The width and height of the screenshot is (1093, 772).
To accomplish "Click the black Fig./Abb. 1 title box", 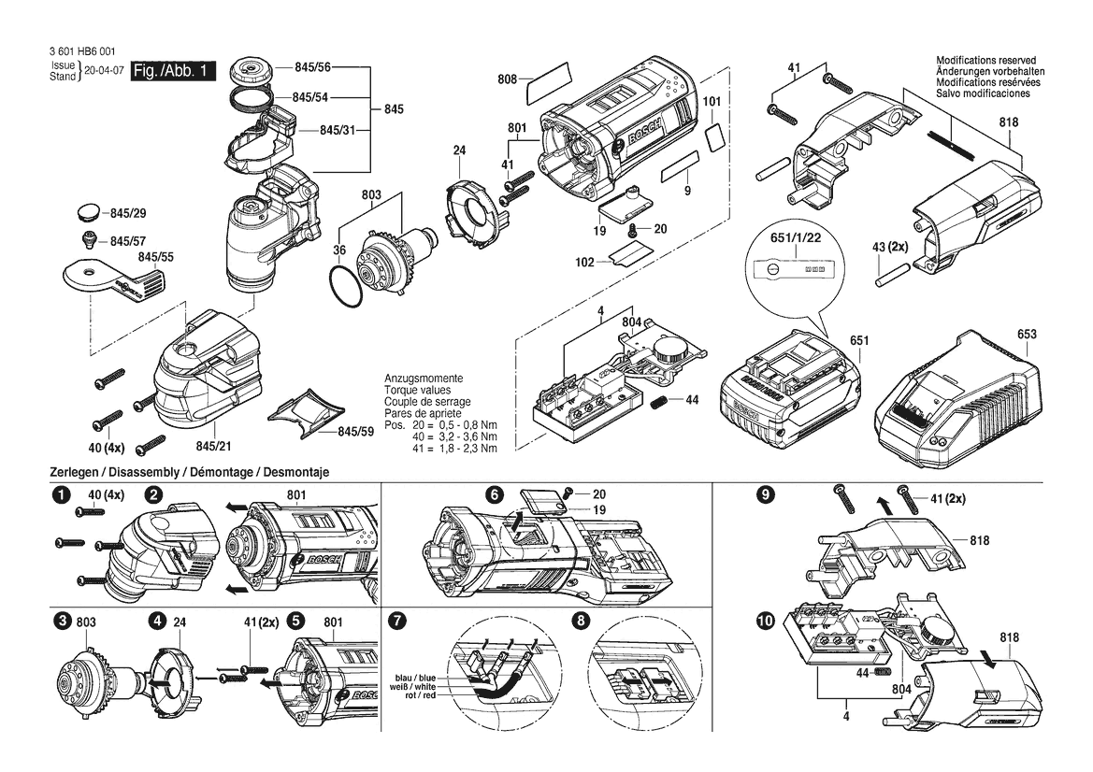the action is [173, 71].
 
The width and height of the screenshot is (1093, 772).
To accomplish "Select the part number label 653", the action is [1026, 335].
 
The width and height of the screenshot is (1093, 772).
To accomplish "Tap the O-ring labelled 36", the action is [347, 286].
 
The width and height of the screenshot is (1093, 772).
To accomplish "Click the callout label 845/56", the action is [312, 67].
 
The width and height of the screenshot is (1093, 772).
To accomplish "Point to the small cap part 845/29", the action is [90, 211].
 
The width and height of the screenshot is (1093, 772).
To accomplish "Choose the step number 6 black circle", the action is [494, 494].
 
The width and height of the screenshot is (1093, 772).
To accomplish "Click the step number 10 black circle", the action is [766, 621].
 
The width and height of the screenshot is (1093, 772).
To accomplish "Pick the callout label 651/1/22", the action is [796, 237].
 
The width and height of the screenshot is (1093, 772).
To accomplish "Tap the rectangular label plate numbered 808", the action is [548, 79].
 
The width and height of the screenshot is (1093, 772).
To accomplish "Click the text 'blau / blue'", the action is [415, 678].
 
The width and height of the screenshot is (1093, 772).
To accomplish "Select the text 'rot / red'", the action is [420, 695].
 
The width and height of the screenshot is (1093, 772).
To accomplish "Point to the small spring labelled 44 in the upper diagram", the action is [659, 402].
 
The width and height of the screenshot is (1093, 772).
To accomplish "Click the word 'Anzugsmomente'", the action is [424, 379].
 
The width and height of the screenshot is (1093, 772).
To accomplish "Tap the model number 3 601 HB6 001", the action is [82, 52].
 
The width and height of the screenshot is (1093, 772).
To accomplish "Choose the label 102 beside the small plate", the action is [584, 262].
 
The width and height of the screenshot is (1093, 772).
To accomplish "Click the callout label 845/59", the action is [355, 431].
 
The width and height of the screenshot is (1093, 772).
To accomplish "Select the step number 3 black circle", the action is [65, 621].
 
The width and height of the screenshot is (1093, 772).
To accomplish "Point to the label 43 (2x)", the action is [890, 248].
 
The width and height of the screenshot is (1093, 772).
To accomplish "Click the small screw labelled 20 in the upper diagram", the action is [633, 231].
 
